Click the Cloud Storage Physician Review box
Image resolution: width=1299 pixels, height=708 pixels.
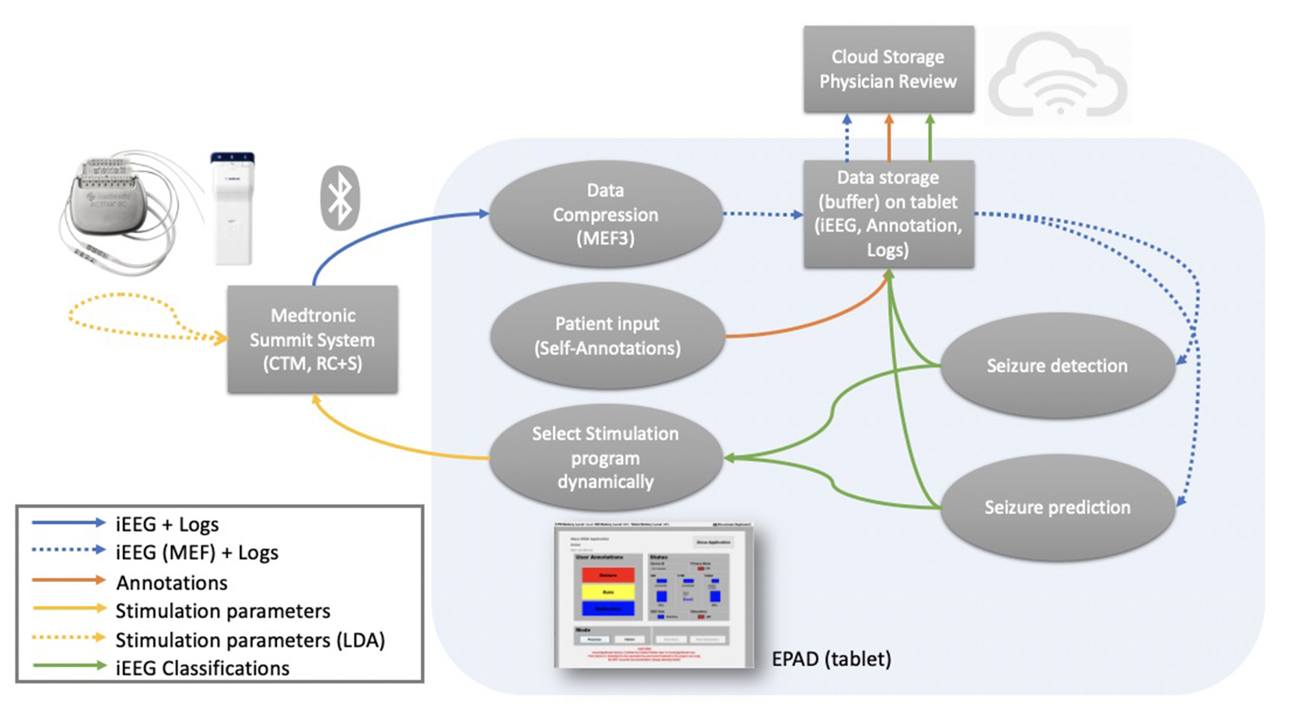click(888, 69)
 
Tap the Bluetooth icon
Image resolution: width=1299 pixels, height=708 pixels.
click(340, 198)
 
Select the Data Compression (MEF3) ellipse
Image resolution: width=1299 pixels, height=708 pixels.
click(606, 214)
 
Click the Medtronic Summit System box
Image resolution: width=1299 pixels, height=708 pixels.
click(312, 339)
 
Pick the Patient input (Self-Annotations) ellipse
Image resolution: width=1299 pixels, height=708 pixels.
click(607, 336)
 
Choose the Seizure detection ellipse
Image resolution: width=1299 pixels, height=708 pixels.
click(1056, 366)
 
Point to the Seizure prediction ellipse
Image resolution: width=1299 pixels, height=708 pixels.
click(1057, 507)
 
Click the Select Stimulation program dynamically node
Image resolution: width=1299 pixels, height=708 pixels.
click(606, 458)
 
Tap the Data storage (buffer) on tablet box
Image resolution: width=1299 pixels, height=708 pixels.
click(888, 214)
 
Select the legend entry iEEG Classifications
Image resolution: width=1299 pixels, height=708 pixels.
click(202, 668)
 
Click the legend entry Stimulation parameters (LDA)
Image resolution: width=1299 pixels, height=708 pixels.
click(250, 640)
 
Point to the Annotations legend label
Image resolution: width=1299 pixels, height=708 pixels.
click(171, 582)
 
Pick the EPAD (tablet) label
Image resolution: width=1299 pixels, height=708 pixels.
click(831, 659)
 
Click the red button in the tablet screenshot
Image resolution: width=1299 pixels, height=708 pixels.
click(607, 575)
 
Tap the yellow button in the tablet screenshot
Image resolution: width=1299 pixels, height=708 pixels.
click(607, 592)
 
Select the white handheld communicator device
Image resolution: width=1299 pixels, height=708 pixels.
click(232, 208)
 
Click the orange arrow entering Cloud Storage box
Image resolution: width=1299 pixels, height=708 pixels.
click(889, 137)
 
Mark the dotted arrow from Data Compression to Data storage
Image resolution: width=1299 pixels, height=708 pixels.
click(762, 214)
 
